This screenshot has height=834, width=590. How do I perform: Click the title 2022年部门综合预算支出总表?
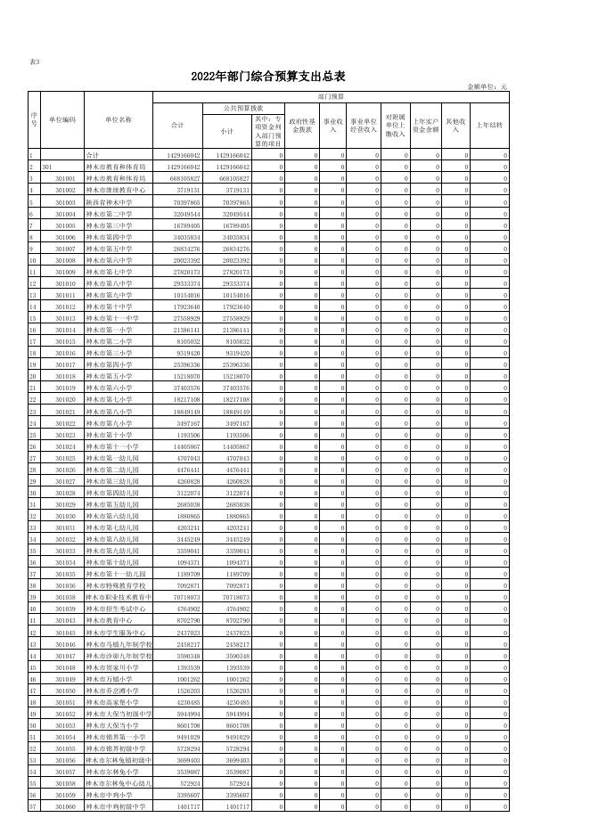pos(267,76)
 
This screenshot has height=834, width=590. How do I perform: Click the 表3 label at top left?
pos(35,61)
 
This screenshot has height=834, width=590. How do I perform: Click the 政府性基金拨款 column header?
pos(301,125)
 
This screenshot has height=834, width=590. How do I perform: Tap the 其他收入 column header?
pos(455,125)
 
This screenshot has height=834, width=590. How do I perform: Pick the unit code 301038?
pos(65,597)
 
